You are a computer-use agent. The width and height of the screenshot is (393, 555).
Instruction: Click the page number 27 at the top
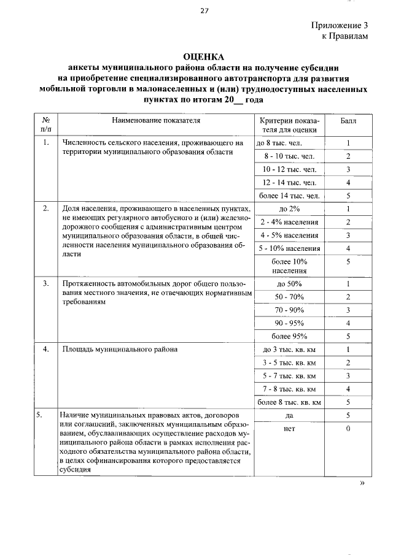pos(204,10)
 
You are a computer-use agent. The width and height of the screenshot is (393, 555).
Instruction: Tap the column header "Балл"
pos(348,121)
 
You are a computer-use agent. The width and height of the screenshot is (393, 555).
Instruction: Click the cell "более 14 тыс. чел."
pos(288,196)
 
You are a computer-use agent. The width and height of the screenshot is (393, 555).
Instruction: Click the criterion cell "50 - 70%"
pos(288,297)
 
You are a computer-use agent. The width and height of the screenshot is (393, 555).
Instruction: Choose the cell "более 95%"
pos(288,336)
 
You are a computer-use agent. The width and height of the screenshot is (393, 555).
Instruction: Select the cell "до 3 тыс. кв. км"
pos(288,350)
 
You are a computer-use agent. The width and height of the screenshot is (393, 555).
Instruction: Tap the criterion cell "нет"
pos(288,429)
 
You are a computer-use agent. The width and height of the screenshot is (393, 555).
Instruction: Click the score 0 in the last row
pos(348,429)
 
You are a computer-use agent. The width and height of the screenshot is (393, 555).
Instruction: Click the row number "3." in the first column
pos(46,284)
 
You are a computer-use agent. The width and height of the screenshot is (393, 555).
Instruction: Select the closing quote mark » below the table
pos(362,483)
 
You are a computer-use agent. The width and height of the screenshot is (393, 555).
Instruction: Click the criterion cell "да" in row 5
pos(288,415)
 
